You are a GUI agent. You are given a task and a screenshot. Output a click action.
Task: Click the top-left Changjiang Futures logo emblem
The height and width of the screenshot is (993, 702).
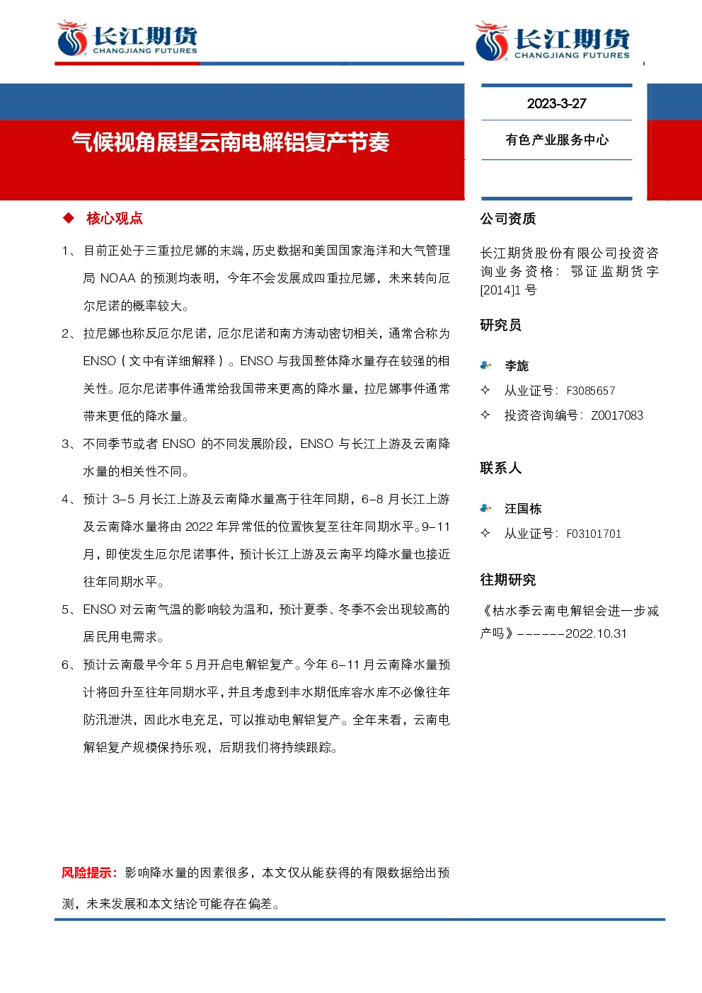pos(72,38)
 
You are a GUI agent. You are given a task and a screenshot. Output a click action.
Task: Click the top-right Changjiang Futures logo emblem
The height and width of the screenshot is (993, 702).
pos(491,41)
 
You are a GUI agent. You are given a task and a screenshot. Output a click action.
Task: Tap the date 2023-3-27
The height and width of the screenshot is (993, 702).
pos(557,103)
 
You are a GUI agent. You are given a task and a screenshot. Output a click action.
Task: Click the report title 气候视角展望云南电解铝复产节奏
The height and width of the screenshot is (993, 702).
pos(231,142)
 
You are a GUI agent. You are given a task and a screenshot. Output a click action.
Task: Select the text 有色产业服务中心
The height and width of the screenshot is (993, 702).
pos(557,140)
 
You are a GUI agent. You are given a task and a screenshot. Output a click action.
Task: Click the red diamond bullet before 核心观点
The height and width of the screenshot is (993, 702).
pos(68,218)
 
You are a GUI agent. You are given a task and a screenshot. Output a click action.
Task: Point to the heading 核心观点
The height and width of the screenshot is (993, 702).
pos(115,219)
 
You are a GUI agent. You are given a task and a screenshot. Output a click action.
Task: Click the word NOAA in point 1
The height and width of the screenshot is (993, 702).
pos(118,278)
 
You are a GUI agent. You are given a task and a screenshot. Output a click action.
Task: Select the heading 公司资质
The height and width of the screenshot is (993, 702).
pos(508,219)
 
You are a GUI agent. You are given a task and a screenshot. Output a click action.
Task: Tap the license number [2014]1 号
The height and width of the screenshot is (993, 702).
pos(508,290)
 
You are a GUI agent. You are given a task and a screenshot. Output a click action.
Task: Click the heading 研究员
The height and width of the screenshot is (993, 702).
pos(500,325)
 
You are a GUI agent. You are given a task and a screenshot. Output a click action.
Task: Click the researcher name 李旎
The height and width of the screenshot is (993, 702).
pos(517,366)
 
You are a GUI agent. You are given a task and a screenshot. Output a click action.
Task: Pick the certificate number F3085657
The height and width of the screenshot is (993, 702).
pos(591,391)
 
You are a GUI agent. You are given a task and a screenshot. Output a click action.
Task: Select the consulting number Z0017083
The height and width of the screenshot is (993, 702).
pos(617,415)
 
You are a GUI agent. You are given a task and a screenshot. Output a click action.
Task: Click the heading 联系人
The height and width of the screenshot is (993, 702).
pos(501,468)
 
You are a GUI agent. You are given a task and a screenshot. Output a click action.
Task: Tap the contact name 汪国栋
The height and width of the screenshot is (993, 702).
pos(523,508)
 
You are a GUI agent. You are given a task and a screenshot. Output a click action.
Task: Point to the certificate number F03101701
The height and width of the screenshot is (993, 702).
pos(594,534)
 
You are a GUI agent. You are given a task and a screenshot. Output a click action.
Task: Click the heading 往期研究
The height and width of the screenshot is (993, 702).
pos(508,580)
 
